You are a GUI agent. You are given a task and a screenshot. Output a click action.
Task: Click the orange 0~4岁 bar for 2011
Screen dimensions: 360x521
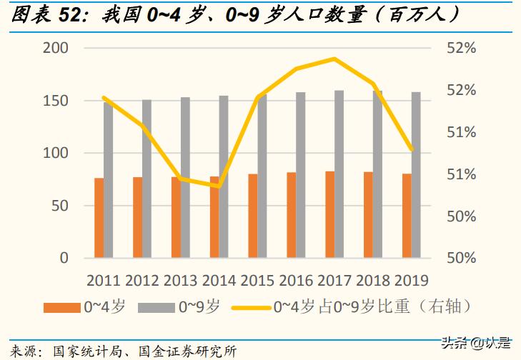[99, 218]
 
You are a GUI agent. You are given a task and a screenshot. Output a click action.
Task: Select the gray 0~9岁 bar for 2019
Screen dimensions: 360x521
[416, 174]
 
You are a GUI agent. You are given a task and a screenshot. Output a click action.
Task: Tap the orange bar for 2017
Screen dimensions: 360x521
[329, 214]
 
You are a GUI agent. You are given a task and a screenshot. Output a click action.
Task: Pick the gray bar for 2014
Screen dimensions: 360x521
[224, 176]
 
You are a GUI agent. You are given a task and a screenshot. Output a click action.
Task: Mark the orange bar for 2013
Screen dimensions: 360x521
[176, 217]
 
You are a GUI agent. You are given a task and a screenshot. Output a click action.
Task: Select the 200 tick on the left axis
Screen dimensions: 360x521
[56, 49]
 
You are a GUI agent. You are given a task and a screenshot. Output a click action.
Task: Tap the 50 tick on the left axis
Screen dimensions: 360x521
[60, 206]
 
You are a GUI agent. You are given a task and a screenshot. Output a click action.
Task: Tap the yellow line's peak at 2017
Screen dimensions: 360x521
[334, 59]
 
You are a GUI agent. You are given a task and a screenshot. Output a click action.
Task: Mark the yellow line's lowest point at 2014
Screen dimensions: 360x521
[219, 186]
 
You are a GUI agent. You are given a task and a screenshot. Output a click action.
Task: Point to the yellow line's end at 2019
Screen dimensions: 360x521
[412, 150]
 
